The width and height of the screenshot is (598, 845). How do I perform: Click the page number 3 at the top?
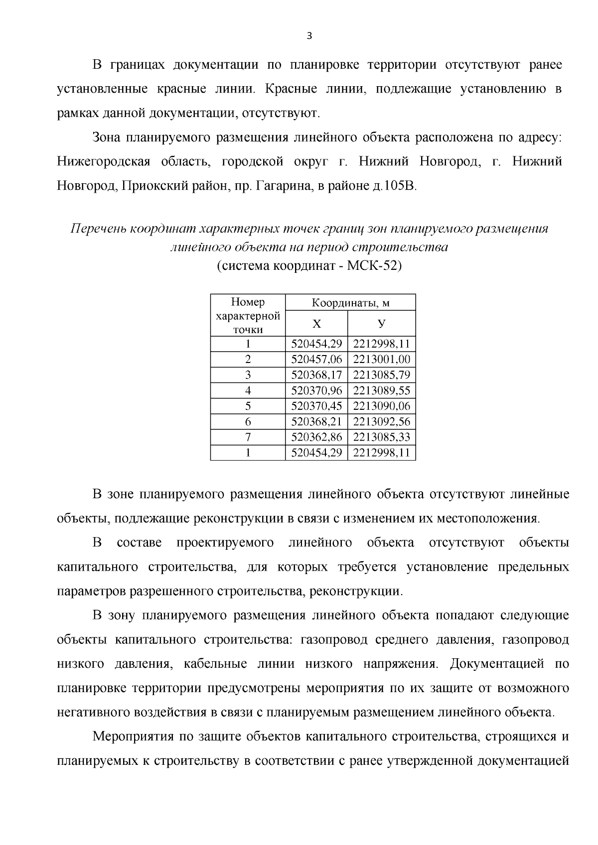[309, 35]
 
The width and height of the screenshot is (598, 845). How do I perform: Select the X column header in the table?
[316, 324]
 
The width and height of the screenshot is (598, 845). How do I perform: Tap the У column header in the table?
[381, 324]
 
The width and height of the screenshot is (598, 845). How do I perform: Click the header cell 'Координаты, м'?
[350, 303]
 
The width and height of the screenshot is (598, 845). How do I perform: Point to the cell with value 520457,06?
[316, 360]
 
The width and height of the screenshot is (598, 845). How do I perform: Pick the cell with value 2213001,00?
[382, 360]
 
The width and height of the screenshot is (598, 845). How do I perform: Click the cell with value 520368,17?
[316, 375]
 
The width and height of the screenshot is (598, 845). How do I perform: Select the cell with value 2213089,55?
[382, 390]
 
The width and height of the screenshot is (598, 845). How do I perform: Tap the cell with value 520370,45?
[316, 406]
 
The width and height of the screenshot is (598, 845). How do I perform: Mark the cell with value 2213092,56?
[382, 422]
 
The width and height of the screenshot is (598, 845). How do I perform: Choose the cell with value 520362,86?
[316, 437]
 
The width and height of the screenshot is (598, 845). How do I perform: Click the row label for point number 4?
[248, 390]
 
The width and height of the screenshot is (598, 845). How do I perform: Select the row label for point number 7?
[248, 437]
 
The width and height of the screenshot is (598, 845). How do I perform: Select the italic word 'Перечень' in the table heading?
[98, 229]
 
